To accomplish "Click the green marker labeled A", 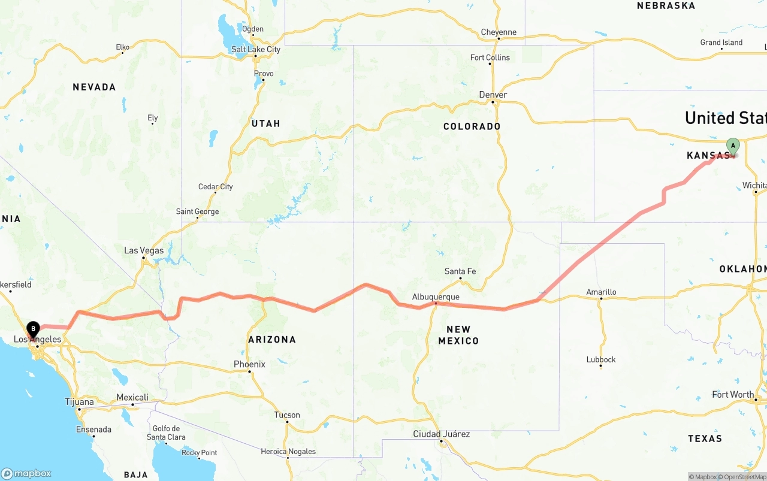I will (733, 146).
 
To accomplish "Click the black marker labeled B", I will (33, 328).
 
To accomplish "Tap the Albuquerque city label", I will (436, 297).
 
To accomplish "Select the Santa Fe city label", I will (460, 271).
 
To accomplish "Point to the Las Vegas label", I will (144, 250).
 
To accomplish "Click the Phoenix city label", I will (249, 364).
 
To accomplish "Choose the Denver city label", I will (493, 95).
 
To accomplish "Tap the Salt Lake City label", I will (256, 49).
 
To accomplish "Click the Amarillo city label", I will (601, 292).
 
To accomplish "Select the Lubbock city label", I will (601, 359).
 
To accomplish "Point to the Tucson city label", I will (287, 415).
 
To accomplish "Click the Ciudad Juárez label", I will (442, 434).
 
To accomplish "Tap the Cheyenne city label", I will (499, 32).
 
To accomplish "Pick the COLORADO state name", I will (472, 126).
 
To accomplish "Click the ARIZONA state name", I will (272, 340).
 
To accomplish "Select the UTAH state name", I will (266, 123).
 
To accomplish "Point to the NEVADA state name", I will (94, 87).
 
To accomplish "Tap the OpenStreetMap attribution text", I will (745, 477).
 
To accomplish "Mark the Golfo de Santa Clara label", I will (166, 432).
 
